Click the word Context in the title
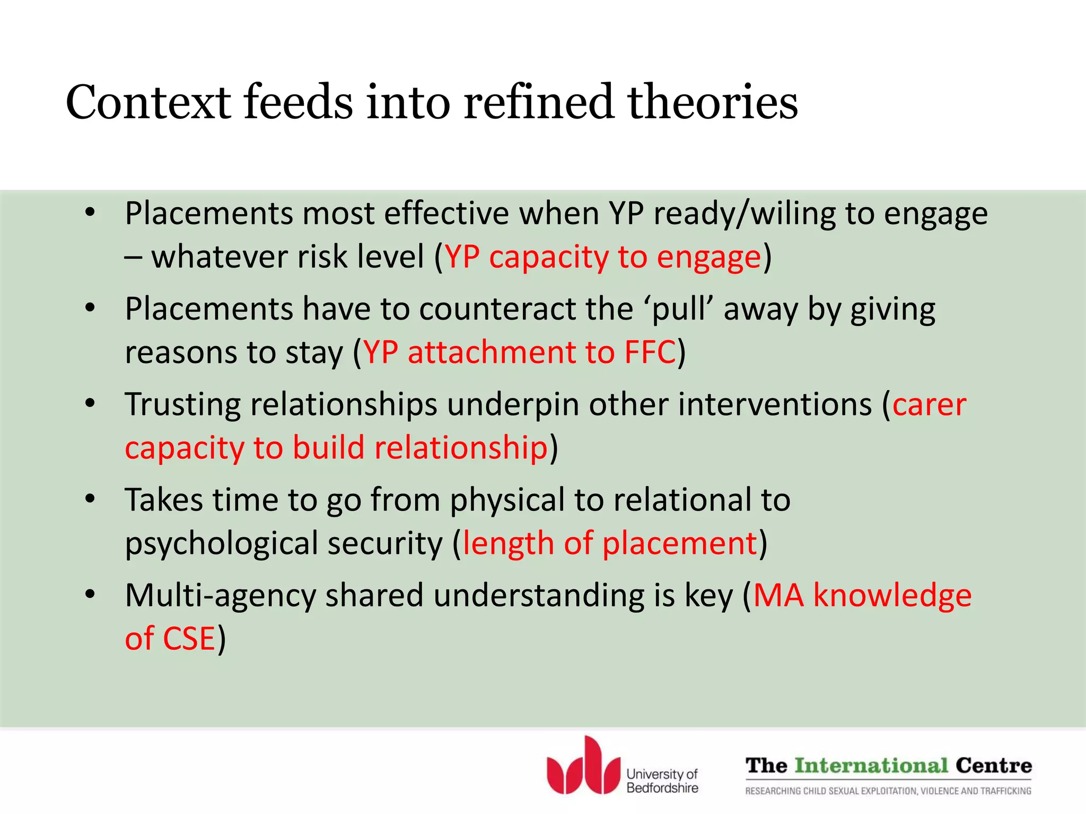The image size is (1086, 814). coord(148,102)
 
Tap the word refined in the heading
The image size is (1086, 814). coord(538,102)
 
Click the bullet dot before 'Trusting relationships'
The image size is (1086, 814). coord(90,404)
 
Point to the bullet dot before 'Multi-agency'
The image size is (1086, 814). coord(90,595)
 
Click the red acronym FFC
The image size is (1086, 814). coord(650,352)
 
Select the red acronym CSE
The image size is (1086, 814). coord(189,638)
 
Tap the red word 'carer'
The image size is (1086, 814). coord(929,405)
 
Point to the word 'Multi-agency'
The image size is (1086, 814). coord(220,596)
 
